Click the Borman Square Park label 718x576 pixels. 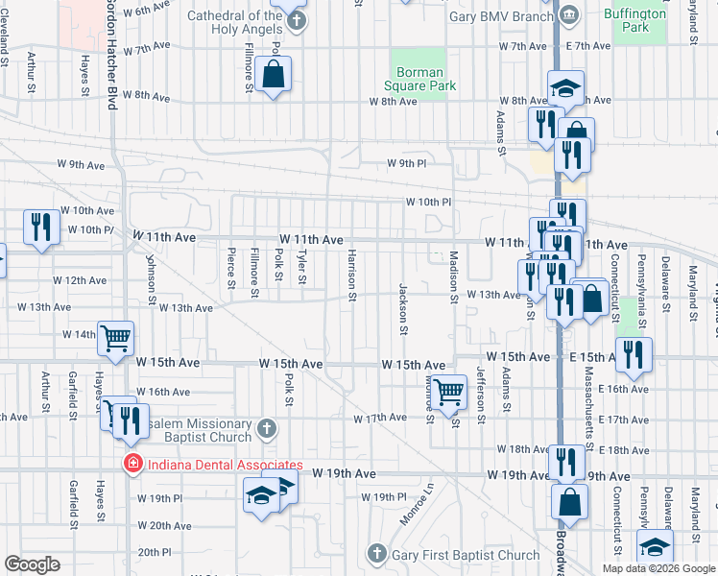coord(420,79)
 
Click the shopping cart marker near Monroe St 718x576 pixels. coord(448,393)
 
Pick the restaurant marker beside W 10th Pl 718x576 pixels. coord(41,227)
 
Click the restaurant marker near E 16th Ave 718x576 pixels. coord(634,354)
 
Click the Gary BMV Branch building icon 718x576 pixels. coord(568,14)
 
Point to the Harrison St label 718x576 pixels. coord(352,276)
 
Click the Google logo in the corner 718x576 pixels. coord(32,564)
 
